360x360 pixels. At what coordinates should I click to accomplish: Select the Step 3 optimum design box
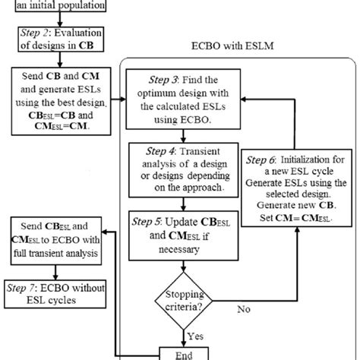pos(185,98)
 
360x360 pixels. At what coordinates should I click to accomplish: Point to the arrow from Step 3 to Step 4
pos(185,133)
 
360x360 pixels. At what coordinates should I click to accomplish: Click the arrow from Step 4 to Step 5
pos(185,201)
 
